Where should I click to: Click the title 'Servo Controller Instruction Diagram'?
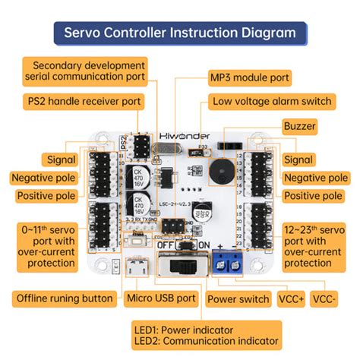180,33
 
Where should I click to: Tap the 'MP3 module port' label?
249,77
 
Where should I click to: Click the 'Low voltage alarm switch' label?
272,101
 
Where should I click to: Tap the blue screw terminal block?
229,263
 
